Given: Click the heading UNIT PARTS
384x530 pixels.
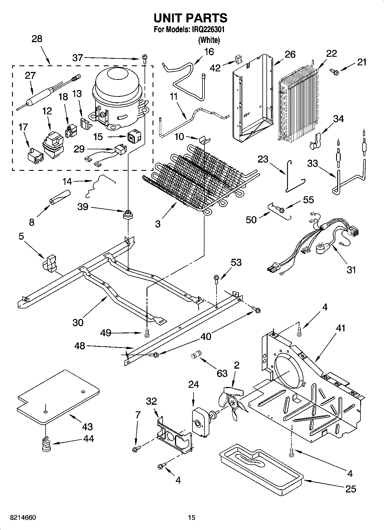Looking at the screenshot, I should [x=190, y=18].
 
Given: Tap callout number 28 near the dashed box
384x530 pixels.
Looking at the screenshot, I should [x=37, y=39].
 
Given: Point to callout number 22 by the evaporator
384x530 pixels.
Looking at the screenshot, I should [x=331, y=53].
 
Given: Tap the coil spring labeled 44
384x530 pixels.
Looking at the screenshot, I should [x=46, y=444].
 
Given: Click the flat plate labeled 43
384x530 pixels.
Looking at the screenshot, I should [x=57, y=396].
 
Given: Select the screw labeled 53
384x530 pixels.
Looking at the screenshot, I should [x=216, y=278].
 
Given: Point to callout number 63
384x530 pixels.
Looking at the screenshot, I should [x=222, y=373].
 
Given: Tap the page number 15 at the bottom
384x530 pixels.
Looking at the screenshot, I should [x=192, y=517].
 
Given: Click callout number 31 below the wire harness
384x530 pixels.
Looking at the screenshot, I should [x=351, y=269].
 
